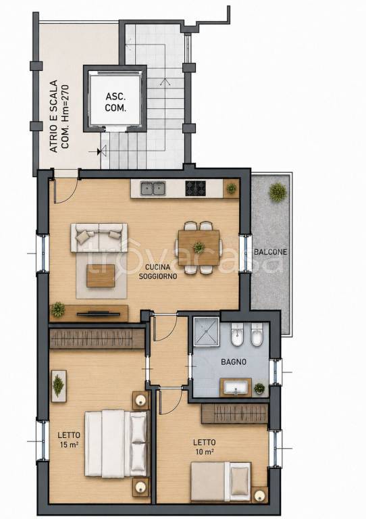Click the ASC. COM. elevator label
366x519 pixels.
tap(115, 102)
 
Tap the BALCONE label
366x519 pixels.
tap(270, 252)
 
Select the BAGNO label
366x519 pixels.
tap(234, 362)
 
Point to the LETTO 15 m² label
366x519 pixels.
tap(69, 440)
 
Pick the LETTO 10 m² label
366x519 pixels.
tap(205, 447)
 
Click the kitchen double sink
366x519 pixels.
tap(153, 189)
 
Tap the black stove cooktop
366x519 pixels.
tap(195, 188)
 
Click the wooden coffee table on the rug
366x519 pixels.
tap(101, 276)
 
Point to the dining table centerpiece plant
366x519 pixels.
tap(199, 247)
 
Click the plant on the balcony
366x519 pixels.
tap(278, 192)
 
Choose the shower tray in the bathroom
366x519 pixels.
tap(207, 331)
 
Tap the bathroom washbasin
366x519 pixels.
tap(236, 387)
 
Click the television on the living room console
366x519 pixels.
tap(98, 314)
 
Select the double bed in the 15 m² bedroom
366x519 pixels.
tap(115, 443)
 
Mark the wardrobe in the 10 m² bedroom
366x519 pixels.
tap(234, 413)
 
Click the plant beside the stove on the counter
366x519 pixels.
tap(231, 189)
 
